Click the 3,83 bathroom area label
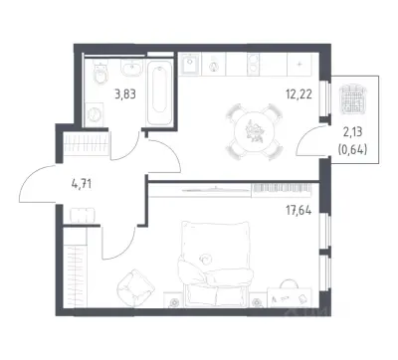pos(125,94)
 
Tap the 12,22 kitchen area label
pos(298,94)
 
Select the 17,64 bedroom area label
pos(298,210)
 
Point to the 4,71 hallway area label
pos(82,183)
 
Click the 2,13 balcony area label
pos(352,132)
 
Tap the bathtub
pos(160,92)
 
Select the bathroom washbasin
pos(132,69)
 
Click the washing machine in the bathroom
pos(95,114)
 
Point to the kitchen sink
pos(190,64)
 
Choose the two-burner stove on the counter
pos(254,64)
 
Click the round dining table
pos(255,132)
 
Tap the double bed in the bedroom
pos(216,263)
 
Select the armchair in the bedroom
pos(135,287)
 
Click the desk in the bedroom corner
pos(290,297)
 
